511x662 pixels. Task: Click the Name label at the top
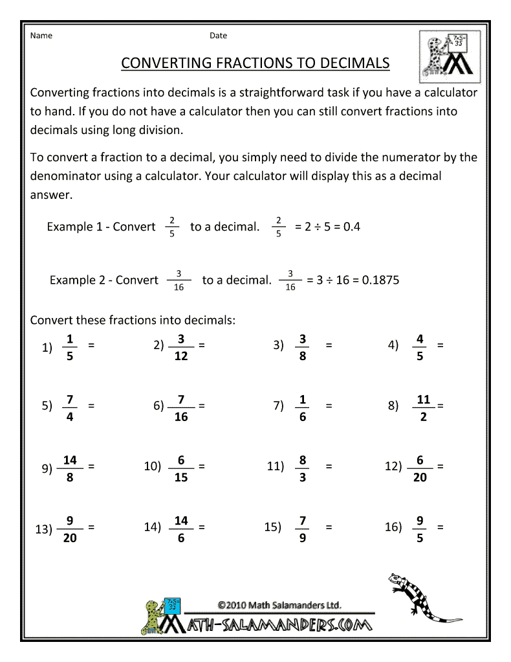[41, 36]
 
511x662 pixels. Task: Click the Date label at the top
[218, 36]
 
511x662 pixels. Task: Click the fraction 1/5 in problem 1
[70, 347]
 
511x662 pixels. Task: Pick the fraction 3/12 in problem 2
[181, 347]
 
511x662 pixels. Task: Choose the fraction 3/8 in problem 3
[303, 347]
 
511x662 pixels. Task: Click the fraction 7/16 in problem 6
[181, 407]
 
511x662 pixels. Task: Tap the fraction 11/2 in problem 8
[424, 407]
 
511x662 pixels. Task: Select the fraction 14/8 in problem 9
[70, 468]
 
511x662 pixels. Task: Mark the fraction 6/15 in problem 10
[181, 468]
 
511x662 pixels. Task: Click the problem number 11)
[276, 466]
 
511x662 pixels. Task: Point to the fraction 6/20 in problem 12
[420, 468]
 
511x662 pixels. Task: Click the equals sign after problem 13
[91, 527]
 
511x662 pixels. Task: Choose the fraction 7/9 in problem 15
[303, 529]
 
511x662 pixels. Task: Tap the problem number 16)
[393, 527]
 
